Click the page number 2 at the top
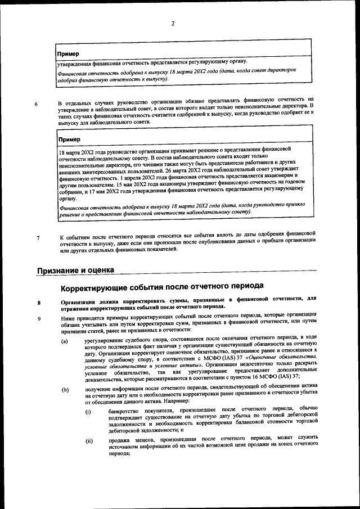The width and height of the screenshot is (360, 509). click(173, 23)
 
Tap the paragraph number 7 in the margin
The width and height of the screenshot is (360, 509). click(38, 237)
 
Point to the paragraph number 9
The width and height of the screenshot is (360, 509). click(38, 319)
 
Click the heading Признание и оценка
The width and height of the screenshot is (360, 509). click(75, 271)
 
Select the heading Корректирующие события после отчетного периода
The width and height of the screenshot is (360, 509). click(162, 287)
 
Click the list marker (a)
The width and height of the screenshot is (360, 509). click(65, 340)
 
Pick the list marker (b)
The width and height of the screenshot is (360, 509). click(65, 389)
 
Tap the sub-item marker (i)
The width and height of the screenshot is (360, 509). click(88, 412)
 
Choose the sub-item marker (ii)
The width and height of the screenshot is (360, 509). click(89, 440)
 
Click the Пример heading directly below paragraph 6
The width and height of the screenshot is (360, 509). click(70, 139)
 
